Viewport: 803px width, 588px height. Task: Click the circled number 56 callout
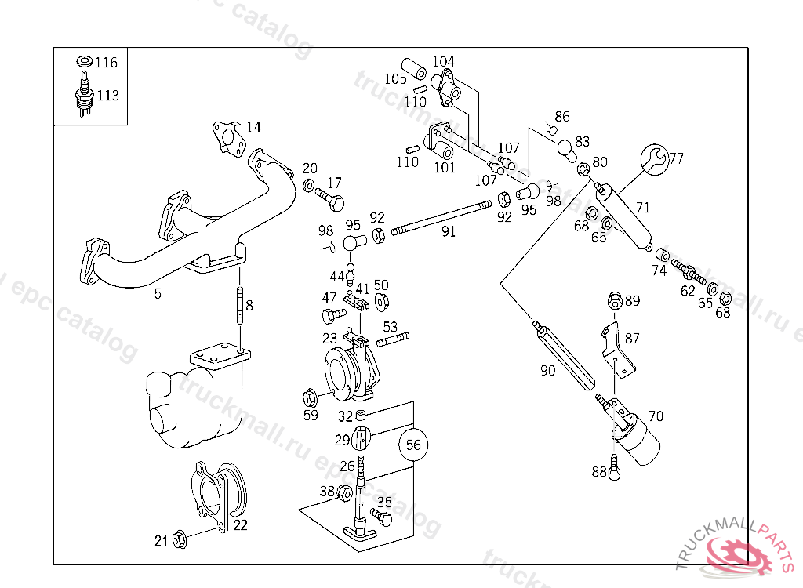[x=414, y=445]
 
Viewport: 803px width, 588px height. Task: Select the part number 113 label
[x=108, y=96]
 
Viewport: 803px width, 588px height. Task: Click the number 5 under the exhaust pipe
[x=158, y=293]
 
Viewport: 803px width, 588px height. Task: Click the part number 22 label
[x=241, y=525]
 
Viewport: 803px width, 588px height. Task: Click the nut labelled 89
[x=615, y=300]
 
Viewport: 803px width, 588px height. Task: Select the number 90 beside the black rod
[x=547, y=370]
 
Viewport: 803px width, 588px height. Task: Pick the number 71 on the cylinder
[x=643, y=208]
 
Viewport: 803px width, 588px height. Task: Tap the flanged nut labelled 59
[x=309, y=394]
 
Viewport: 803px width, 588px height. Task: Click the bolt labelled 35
[x=380, y=517]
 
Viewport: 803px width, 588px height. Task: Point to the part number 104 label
[x=443, y=61]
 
